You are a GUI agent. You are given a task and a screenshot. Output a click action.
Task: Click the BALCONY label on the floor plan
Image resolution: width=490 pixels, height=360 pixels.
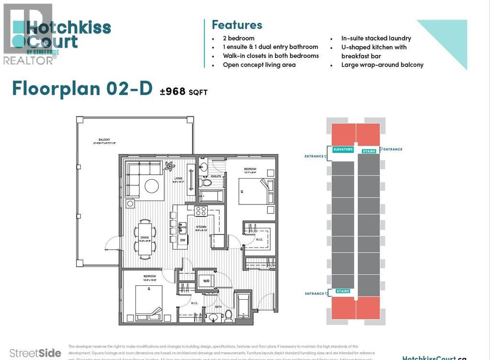[x=101, y=140]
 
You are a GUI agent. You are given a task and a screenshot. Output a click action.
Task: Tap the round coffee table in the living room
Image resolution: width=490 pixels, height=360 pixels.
[x=152, y=185]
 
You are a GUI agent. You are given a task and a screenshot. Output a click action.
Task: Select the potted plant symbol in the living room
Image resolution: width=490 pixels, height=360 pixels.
[x=169, y=167]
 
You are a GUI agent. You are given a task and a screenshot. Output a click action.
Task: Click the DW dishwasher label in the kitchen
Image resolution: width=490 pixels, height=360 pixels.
[x=182, y=239]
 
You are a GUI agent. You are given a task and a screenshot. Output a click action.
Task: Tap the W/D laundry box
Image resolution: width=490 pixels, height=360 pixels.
[x=207, y=281]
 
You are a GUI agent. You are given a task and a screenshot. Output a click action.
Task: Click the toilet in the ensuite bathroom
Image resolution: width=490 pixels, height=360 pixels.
[x=205, y=182]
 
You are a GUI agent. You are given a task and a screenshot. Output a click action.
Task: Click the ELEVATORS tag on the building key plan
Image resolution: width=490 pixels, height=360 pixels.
[x=343, y=149]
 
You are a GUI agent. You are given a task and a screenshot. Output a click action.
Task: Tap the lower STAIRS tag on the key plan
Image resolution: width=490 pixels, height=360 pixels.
[x=343, y=291]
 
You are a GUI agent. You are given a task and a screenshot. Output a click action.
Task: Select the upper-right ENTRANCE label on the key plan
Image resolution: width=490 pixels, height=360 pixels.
[x=392, y=149]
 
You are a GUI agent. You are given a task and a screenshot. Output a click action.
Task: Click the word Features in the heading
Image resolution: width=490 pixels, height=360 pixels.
[x=237, y=25]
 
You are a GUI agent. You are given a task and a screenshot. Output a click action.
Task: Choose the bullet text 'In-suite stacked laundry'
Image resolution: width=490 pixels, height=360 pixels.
[x=376, y=38]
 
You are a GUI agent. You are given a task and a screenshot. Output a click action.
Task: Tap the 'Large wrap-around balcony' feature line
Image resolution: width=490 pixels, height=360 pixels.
[x=382, y=65]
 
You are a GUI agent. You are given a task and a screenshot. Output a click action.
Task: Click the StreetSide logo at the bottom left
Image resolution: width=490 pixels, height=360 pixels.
[x=32, y=353]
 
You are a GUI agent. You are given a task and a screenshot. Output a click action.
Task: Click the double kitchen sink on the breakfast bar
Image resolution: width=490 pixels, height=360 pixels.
[x=182, y=227]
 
